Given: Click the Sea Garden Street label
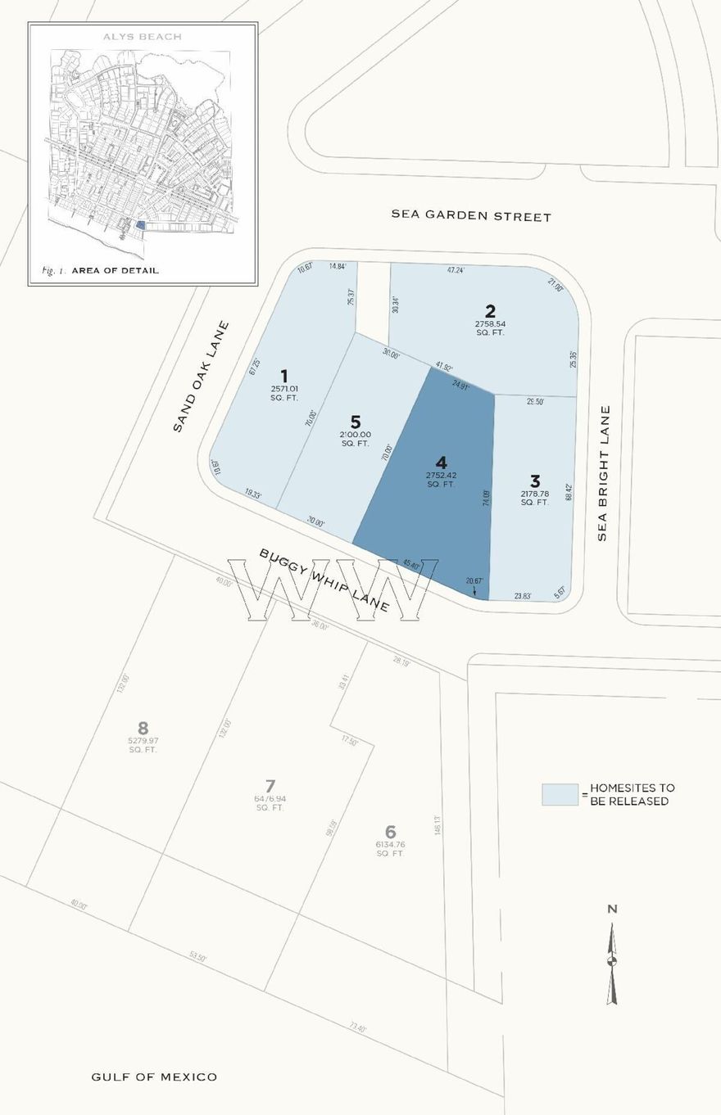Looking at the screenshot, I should click(471, 216).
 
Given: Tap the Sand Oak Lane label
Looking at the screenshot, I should click(201, 377).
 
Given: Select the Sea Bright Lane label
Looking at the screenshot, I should click(604, 473).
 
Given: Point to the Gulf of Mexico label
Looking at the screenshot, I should click(154, 1077).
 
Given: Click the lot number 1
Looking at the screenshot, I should click(284, 377).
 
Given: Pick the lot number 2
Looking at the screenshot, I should click(490, 311).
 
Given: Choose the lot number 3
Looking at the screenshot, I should click(535, 481).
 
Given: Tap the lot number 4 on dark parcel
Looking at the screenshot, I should click(442, 463).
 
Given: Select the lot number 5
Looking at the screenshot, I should click(356, 422).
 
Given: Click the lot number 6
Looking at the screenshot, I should click(391, 832).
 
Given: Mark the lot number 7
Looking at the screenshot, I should click(270, 786).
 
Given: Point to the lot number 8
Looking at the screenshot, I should click(143, 728).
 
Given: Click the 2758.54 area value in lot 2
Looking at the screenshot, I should click(490, 324).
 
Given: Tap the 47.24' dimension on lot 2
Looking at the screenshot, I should click(456, 269).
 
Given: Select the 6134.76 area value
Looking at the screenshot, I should click(391, 844).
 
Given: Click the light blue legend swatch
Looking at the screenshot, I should click(560, 794).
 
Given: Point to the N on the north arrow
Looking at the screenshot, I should click(612, 909).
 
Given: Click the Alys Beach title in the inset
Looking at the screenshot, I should click(143, 37).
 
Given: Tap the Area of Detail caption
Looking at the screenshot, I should click(115, 270).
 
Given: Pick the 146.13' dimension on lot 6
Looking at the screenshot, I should click(438, 825).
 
